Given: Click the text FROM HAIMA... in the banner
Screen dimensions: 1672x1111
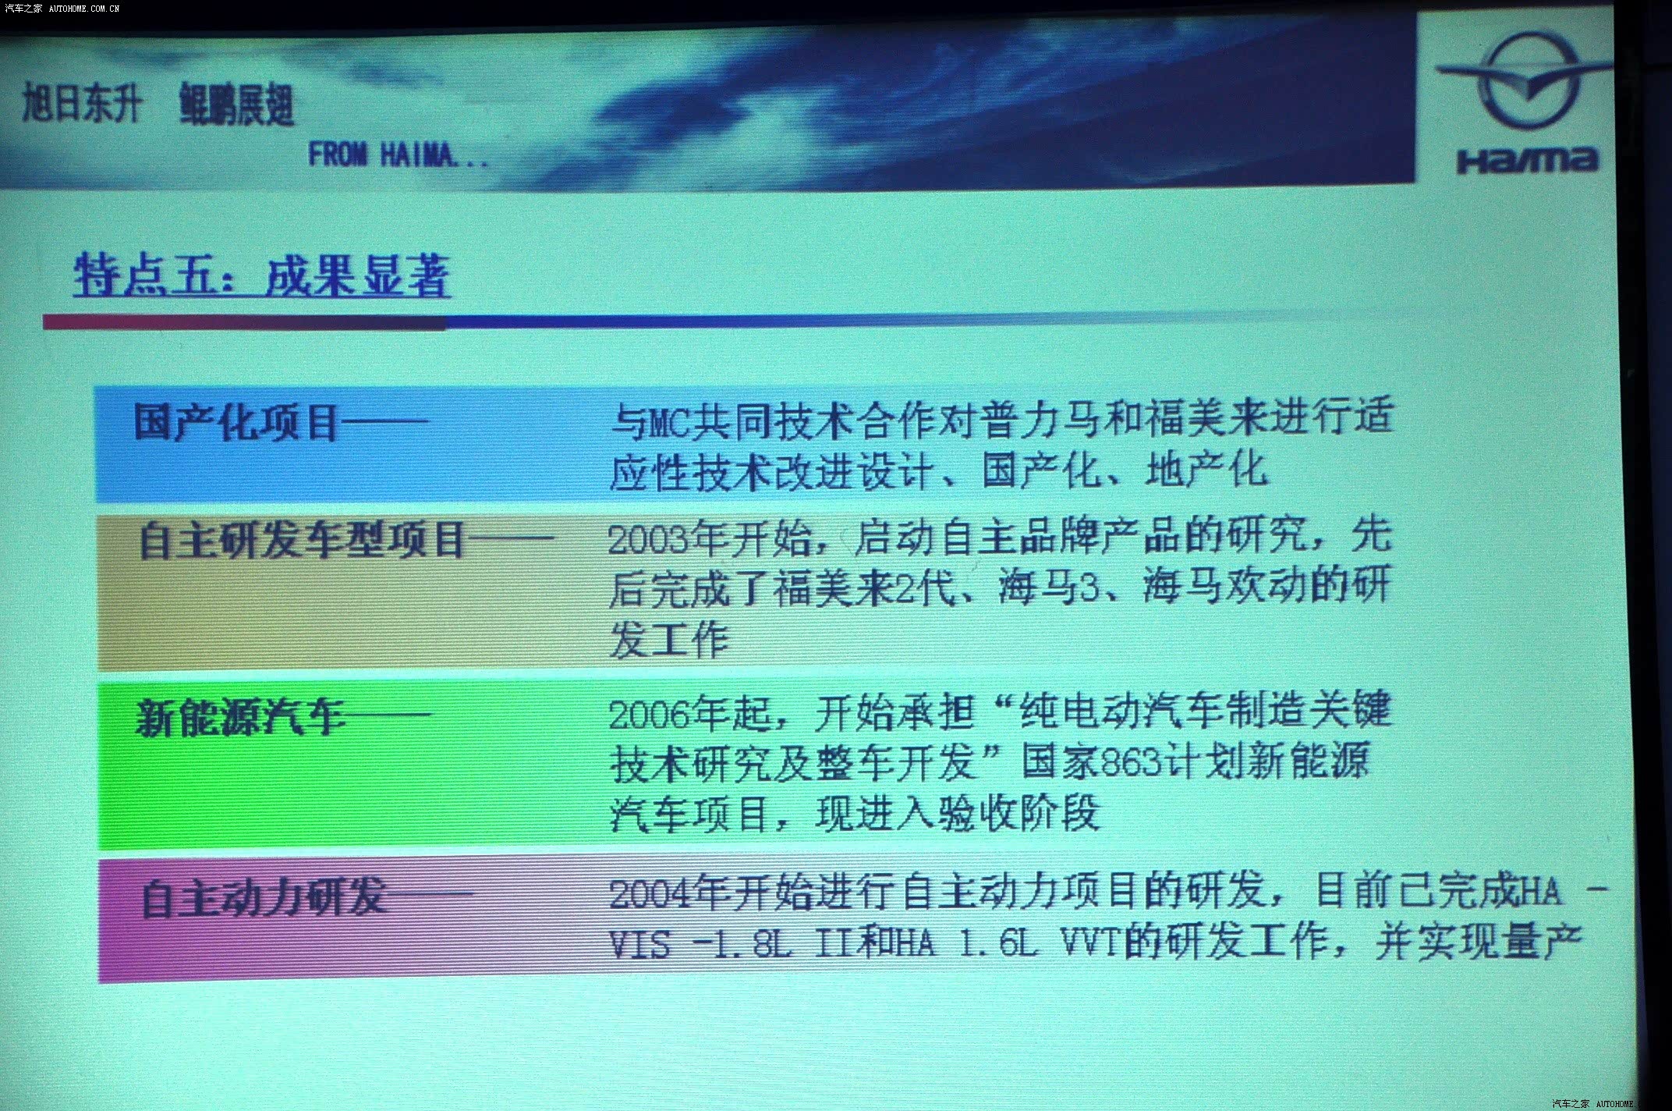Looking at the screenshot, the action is coord(399,154).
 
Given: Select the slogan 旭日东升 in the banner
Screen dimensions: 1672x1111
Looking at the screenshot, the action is coord(82,103).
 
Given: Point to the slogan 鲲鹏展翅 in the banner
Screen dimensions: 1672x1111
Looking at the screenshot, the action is coord(236,105).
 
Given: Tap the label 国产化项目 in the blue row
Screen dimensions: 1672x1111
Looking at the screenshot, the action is coord(236,422).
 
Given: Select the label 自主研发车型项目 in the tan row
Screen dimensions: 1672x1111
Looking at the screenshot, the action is coord(303,540).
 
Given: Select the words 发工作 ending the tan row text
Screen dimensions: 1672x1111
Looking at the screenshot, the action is coord(669,640).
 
